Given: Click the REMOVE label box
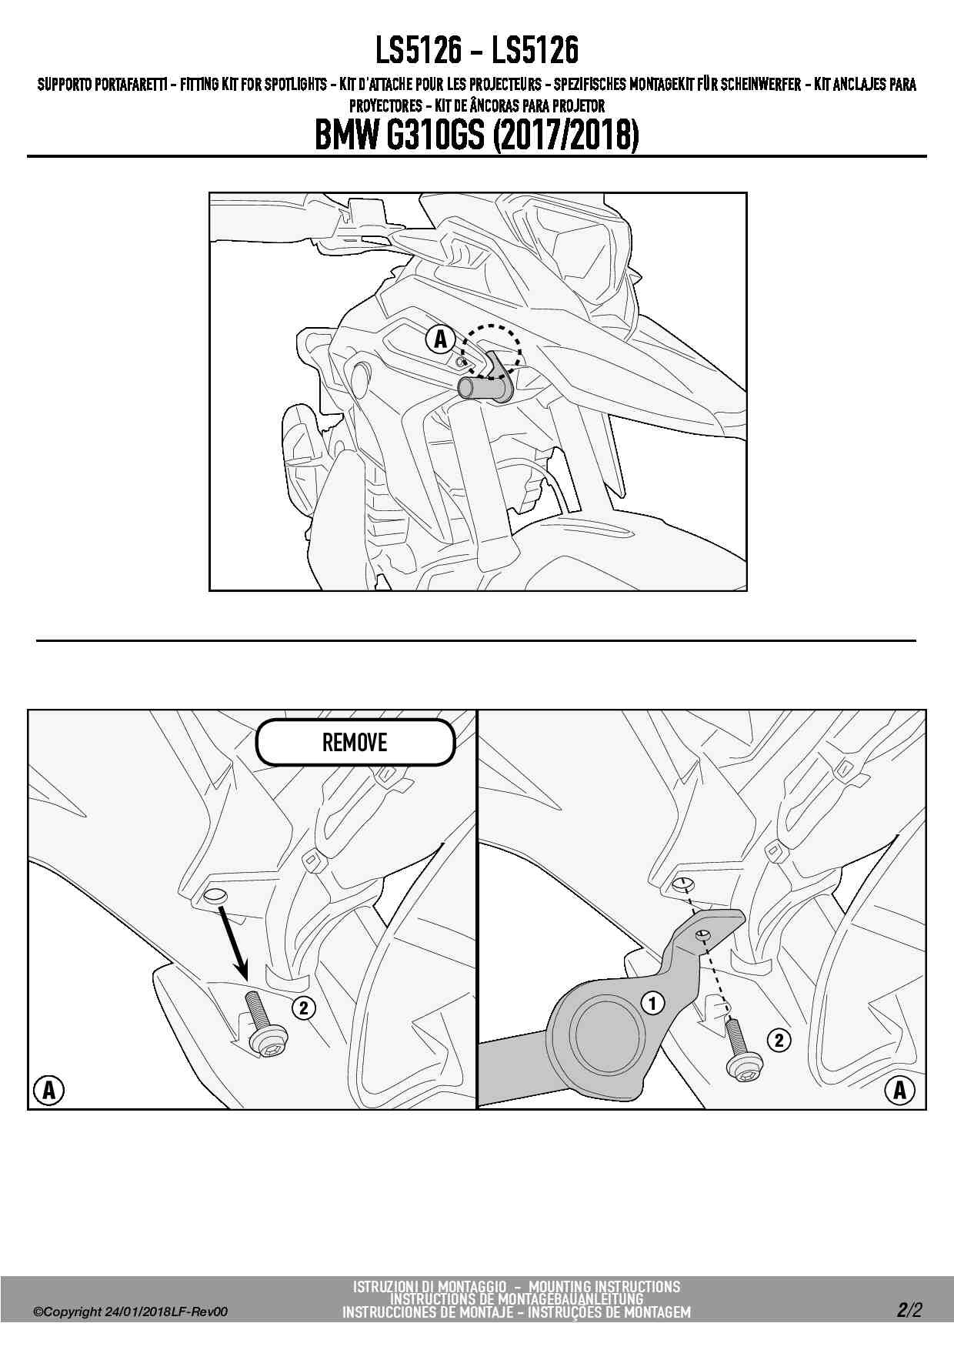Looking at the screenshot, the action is [355, 742].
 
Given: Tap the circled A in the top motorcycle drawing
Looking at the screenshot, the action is [441, 339].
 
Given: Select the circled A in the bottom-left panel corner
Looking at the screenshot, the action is [49, 1090].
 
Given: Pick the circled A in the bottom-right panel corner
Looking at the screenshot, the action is [899, 1090].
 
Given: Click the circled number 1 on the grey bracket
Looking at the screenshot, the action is [652, 1003].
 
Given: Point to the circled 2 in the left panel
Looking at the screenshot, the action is [304, 1007].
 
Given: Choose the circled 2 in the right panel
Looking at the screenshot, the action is [779, 1041].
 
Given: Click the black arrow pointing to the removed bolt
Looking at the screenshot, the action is [234, 942].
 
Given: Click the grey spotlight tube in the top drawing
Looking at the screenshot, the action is [485, 387].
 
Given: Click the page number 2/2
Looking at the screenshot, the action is [909, 1310].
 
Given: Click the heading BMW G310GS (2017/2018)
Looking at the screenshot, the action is [477, 135].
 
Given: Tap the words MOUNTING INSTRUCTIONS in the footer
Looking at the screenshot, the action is [604, 1287].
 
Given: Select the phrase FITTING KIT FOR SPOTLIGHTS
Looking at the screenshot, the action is [254, 85].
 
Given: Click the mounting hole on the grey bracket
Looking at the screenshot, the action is [701, 934].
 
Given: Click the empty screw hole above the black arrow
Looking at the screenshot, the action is [215, 896].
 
